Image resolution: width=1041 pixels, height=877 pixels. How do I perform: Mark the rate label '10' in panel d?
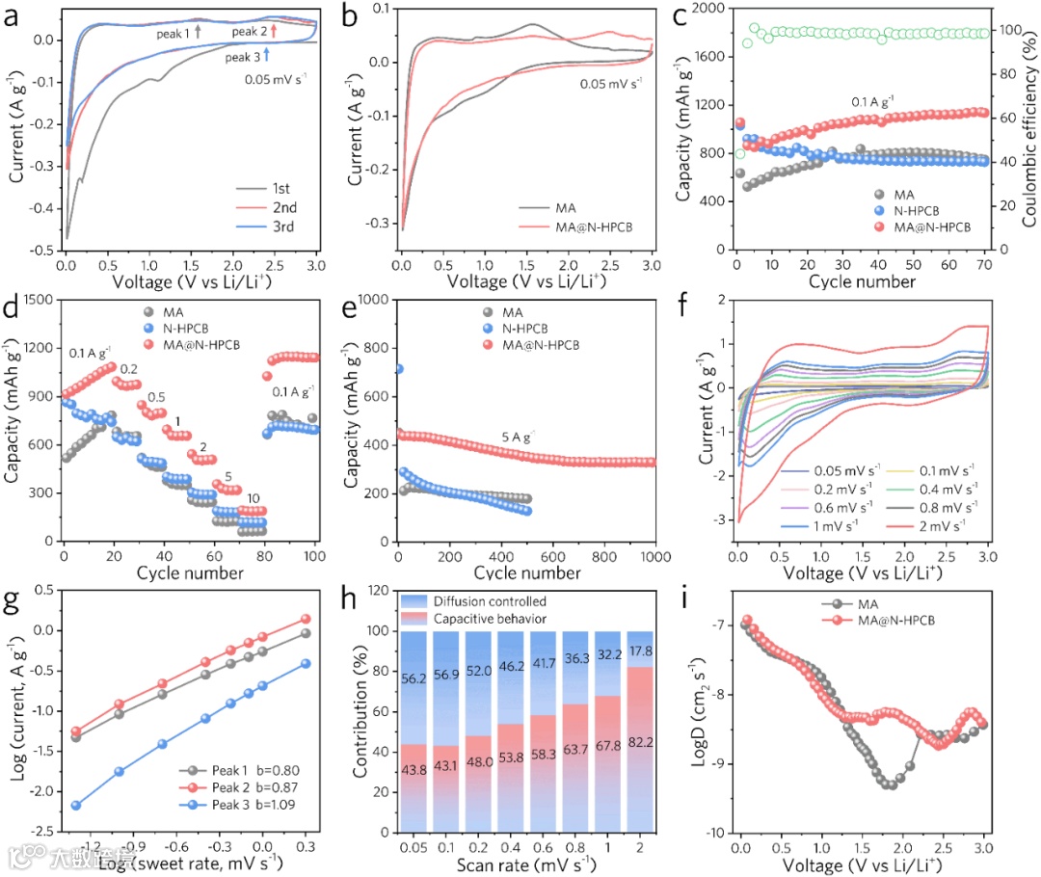pos(254,498)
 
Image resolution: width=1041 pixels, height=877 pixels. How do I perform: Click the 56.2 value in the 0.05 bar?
pos(414,678)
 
